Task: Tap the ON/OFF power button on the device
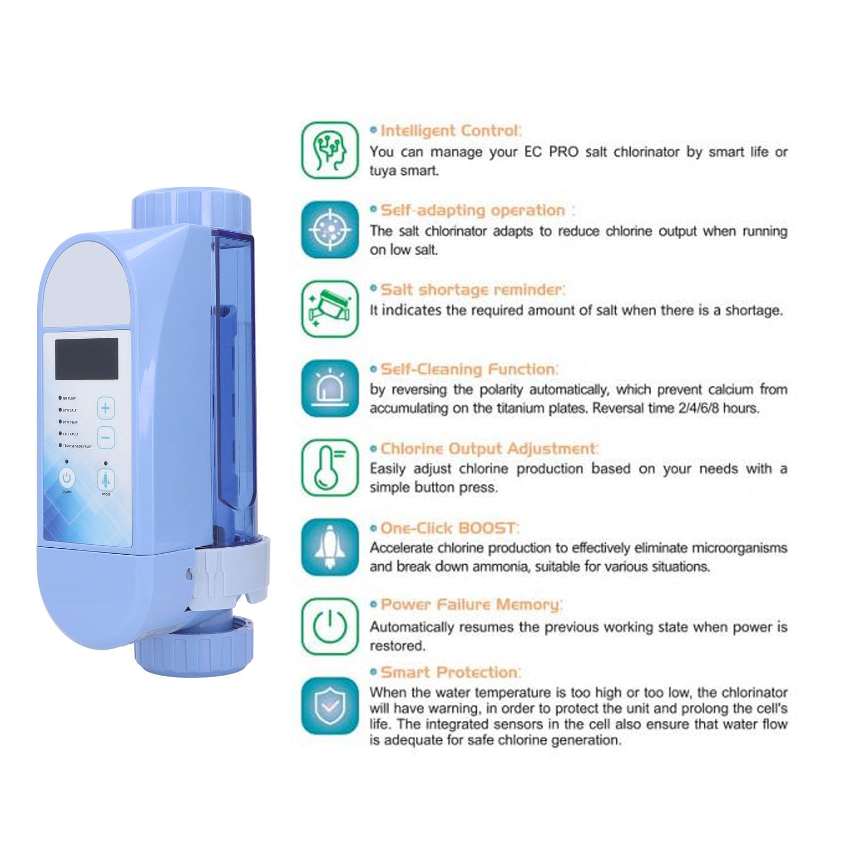(x=67, y=478)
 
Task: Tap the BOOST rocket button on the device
(x=106, y=479)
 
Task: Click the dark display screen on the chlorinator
(x=87, y=358)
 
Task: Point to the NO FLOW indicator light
(x=60, y=398)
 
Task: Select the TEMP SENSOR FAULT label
(x=77, y=447)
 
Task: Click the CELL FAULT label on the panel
(x=71, y=434)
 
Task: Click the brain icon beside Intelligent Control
(x=330, y=151)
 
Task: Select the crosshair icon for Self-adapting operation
(x=330, y=230)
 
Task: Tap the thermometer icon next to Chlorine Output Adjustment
(x=330, y=468)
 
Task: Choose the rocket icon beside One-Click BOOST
(x=330, y=547)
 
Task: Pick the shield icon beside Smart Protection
(x=330, y=706)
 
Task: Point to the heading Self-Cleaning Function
(x=469, y=369)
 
